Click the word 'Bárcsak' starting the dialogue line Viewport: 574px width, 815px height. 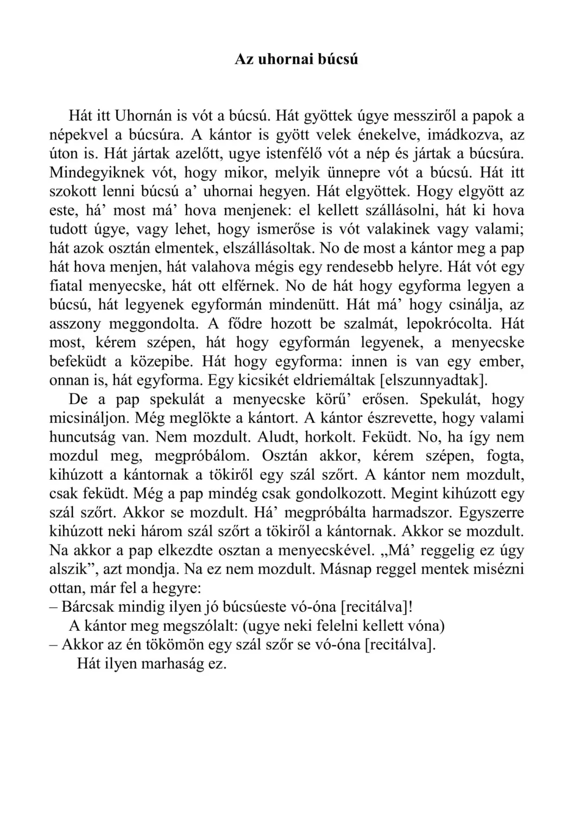coord(87,607)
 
